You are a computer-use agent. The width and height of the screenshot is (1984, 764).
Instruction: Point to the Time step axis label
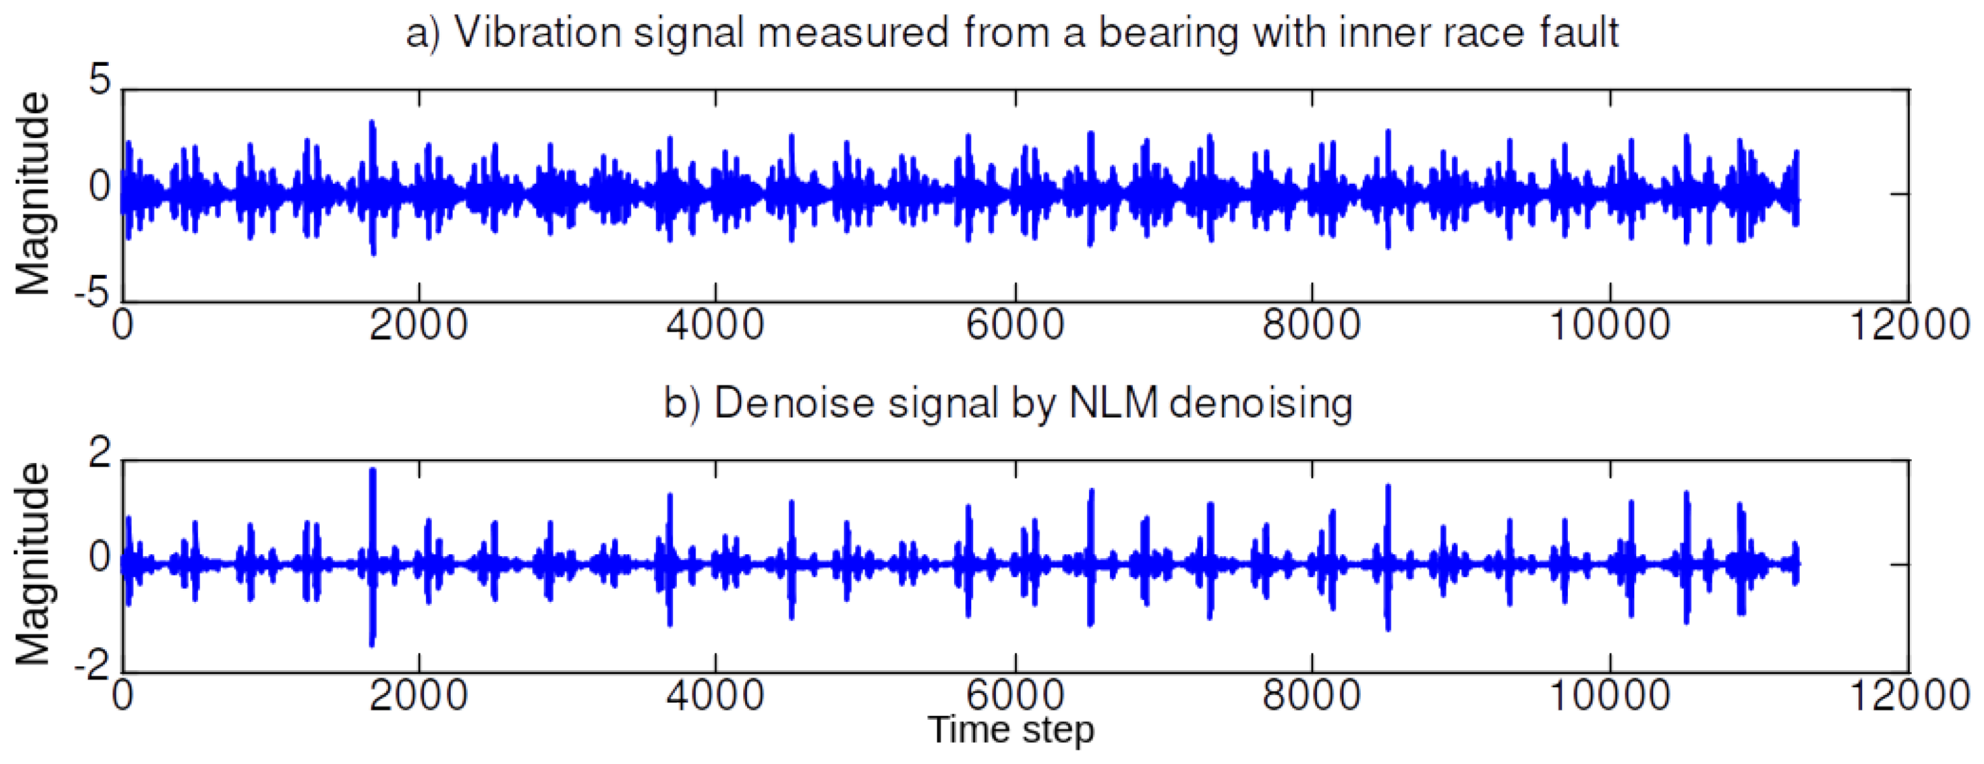pyautogui.click(x=1010, y=729)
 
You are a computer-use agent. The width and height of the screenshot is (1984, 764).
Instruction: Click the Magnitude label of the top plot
pyautogui.click(x=33, y=193)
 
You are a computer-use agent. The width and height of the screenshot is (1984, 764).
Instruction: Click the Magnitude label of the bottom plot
pyautogui.click(x=33, y=564)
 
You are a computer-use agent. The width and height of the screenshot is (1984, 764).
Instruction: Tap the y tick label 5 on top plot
pyautogui.click(x=100, y=80)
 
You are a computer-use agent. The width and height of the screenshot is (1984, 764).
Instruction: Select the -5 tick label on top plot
pyautogui.click(x=92, y=294)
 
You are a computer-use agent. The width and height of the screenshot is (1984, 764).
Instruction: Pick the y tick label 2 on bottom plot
pyautogui.click(x=100, y=453)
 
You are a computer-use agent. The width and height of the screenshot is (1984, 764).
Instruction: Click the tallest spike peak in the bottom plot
pyautogui.click(x=373, y=470)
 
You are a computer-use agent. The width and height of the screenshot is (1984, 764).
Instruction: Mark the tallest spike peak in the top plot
pyautogui.click(x=373, y=122)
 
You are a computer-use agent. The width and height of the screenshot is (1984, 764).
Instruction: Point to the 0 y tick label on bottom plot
pyautogui.click(x=100, y=558)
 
